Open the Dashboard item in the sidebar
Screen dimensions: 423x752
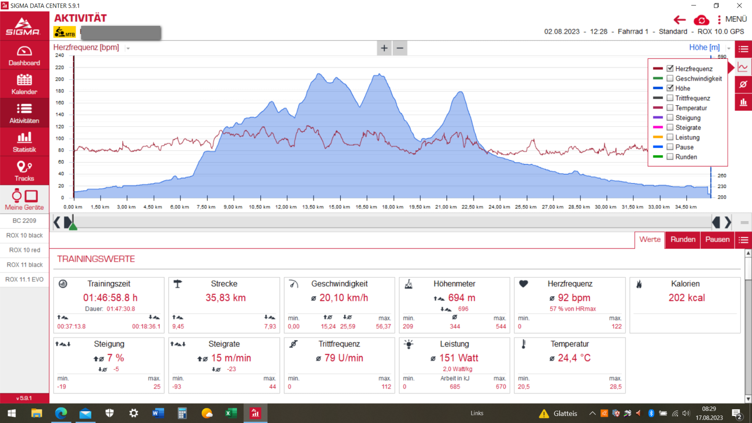(24, 55)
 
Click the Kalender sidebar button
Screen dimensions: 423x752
(24, 85)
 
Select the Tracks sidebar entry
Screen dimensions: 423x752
(24, 171)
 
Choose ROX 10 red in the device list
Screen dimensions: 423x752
(24, 250)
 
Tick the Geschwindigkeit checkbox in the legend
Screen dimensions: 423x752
(670, 78)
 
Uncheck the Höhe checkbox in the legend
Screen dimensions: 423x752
(670, 88)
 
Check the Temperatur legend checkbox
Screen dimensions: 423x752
(670, 108)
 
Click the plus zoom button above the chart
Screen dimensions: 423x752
(384, 48)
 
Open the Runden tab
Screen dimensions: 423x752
(682, 240)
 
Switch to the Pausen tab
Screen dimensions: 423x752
(717, 240)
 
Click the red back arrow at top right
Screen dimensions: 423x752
(679, 20)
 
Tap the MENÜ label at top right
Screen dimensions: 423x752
(736, 19)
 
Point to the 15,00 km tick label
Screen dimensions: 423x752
(339, 207)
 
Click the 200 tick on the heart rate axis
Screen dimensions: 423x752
(60, 79)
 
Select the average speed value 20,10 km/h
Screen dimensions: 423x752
(344, 298)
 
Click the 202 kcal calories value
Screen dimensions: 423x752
(687, 298)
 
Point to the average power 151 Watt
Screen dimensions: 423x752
(458, 358)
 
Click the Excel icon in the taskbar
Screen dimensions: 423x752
(230, 413)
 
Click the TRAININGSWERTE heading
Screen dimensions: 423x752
(96, 259)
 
